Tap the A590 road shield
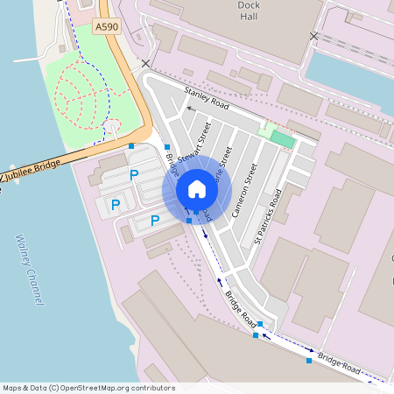(x=106, y=28)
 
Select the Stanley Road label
(x=207, y=97)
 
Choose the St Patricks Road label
(x=268, y=215)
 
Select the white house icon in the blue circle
(x=197, y=189)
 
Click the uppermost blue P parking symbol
(x=134, y=175)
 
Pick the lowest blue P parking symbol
(x=154, y=221)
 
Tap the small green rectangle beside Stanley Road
(x=282, y=138)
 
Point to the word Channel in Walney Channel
(x=37, y=286)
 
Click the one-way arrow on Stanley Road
(x=189, y=109)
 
